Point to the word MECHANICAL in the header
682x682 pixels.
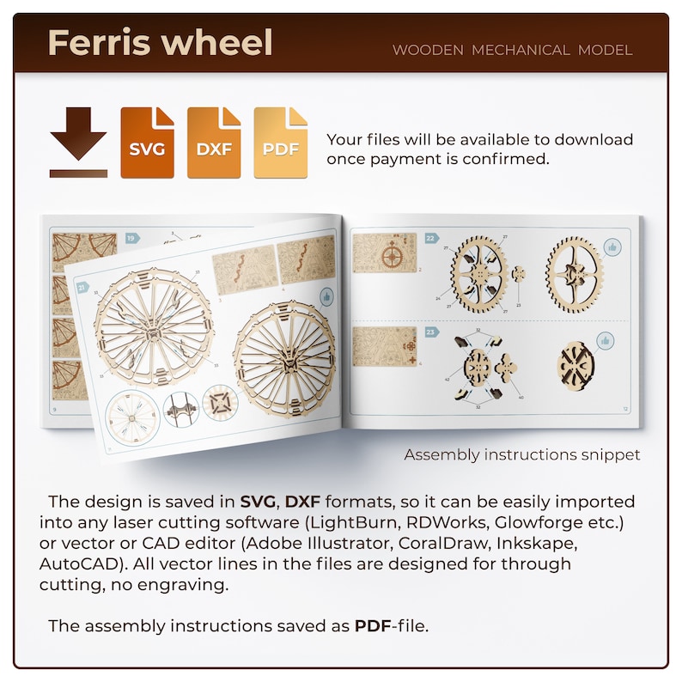coord(520,50)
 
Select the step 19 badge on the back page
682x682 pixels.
coord(132,238)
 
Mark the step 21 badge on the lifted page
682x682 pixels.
coord(82,288)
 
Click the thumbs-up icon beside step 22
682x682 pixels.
coord(612,247)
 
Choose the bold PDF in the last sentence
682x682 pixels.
coord(371,625)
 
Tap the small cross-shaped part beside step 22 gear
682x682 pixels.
coord(519,273)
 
